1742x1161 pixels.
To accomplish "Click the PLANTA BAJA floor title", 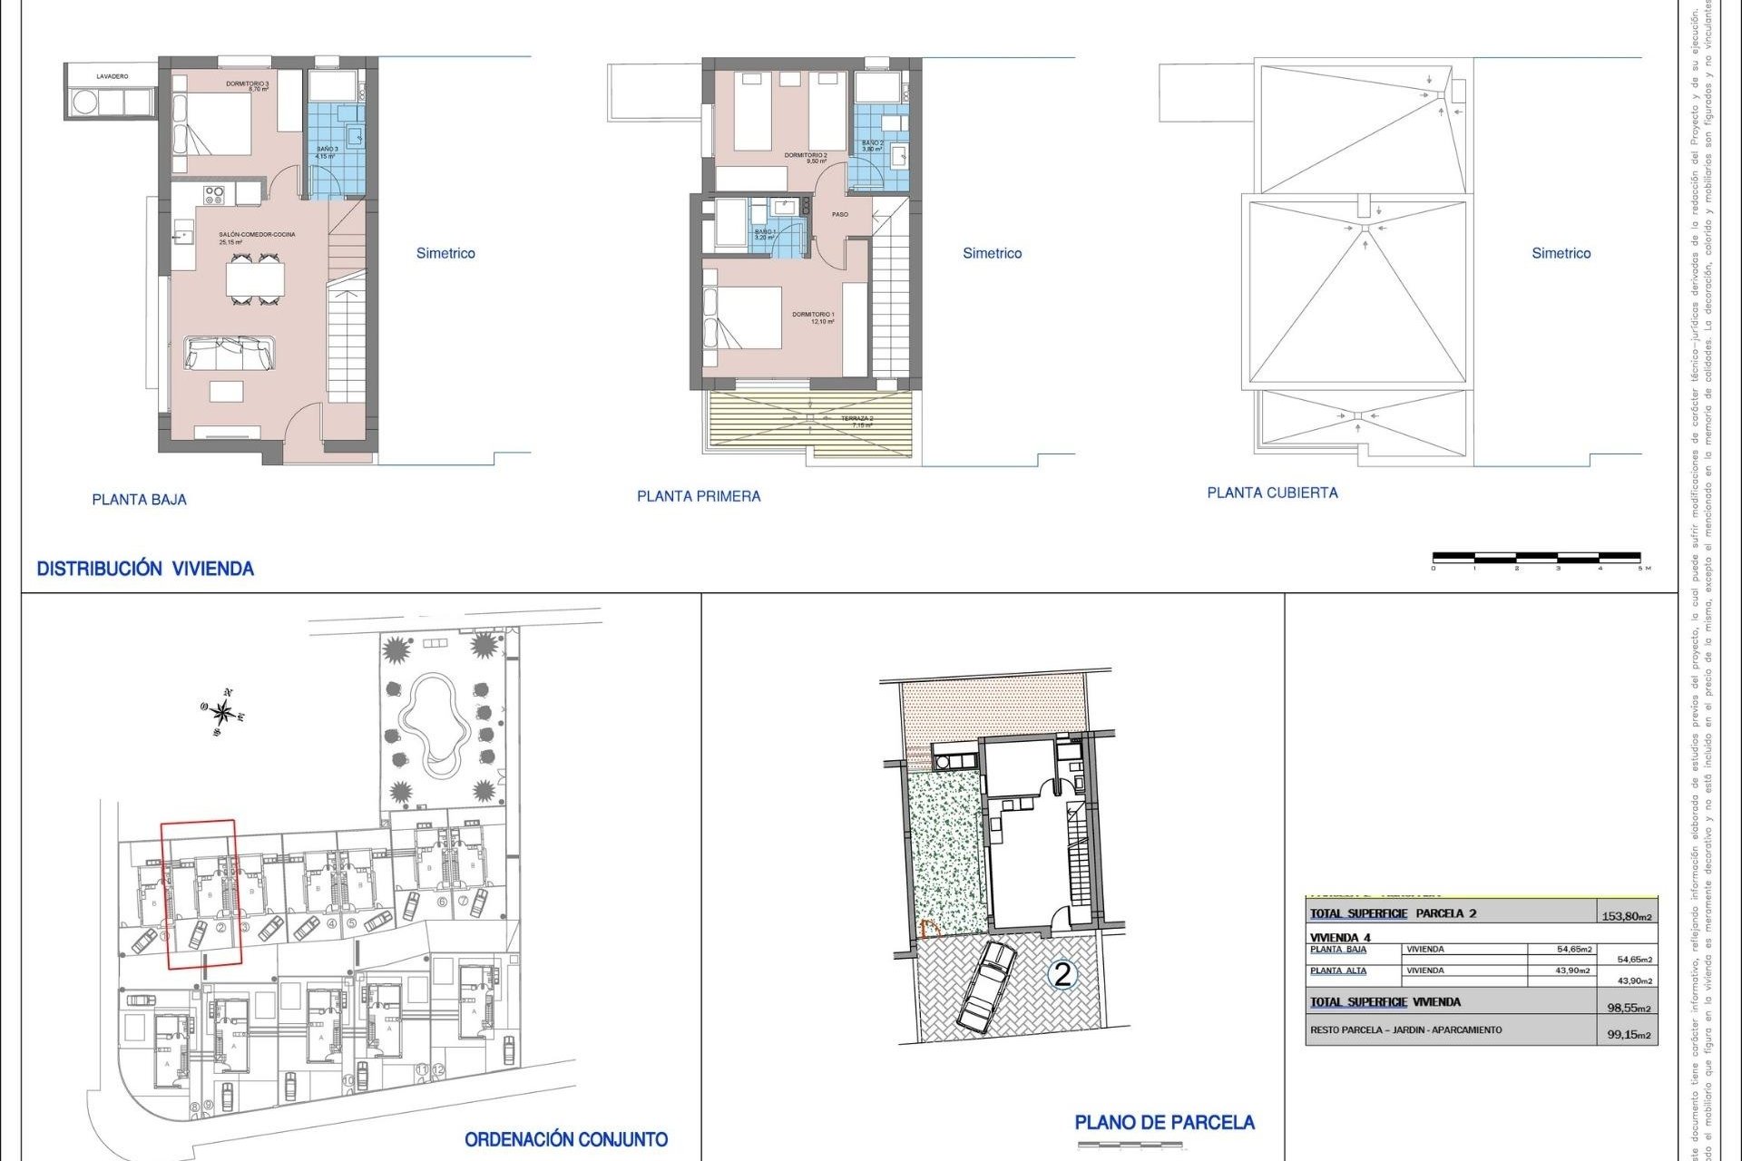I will (139, 499).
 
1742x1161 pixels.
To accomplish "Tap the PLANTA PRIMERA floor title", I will (699, 496).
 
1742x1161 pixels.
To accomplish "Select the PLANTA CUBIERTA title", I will (1272, 493).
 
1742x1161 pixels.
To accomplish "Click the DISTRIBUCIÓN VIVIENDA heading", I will (145, 569).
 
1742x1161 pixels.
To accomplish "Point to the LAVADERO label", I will (113, 76).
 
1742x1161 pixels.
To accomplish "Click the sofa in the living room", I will (230, 353).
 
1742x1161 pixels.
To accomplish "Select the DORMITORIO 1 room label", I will (813, 315).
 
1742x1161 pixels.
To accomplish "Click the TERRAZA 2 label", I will (856, 419).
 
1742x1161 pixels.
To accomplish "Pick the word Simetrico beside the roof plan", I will (1561, 253).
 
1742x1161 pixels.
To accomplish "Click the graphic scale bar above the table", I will (1536, 557).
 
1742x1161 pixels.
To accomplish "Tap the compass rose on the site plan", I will (222, 713).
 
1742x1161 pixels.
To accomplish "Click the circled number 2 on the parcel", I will (1062, 975).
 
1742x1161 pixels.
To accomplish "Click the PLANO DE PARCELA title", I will (1164, 1123).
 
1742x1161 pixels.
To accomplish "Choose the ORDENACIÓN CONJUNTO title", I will (566, 1139).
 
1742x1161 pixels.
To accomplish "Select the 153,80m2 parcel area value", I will (1627, 916).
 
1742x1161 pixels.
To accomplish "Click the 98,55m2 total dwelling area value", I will (1629, 1008).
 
